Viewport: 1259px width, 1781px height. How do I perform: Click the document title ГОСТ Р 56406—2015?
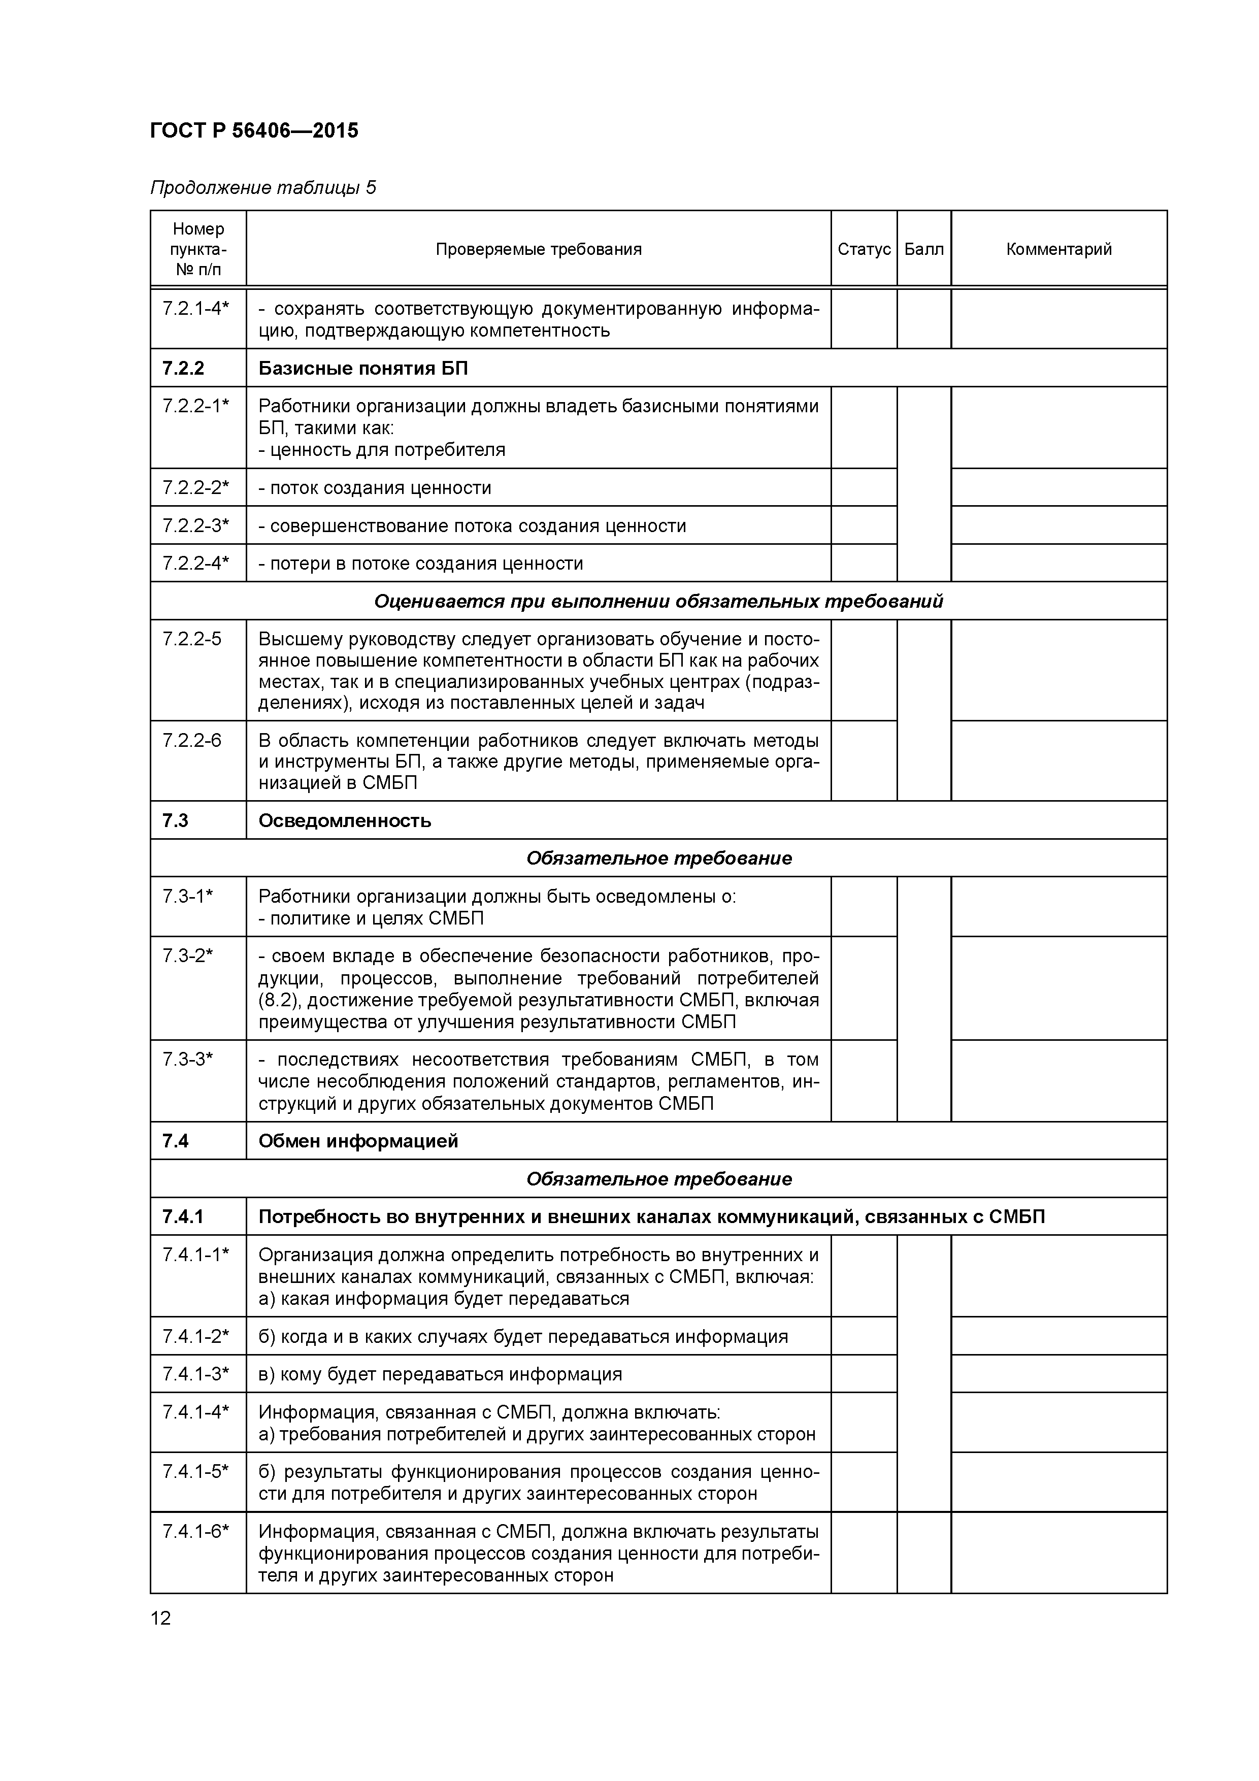(x=254, y=131)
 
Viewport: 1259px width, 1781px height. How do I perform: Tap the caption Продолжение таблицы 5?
(x=262, y=188)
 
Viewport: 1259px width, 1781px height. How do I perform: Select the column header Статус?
(x=864, y=249)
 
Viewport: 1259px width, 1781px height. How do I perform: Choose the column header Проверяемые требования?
(x=538, y=249)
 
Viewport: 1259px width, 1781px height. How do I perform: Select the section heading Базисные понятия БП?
(x=363, y=368)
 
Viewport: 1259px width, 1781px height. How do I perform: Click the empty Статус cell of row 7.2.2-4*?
(x=864, y=563)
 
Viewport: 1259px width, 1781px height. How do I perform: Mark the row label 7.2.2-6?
(x=191, y=740)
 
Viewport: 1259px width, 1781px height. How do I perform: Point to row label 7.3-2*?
(x=187, y=955)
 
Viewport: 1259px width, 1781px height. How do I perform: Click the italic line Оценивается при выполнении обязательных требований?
(x=658, y=601)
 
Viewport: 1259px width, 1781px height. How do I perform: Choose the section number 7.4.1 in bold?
(x=182, y=1216)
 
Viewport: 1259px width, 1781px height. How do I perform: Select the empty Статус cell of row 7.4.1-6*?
(x=864, y=1552)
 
